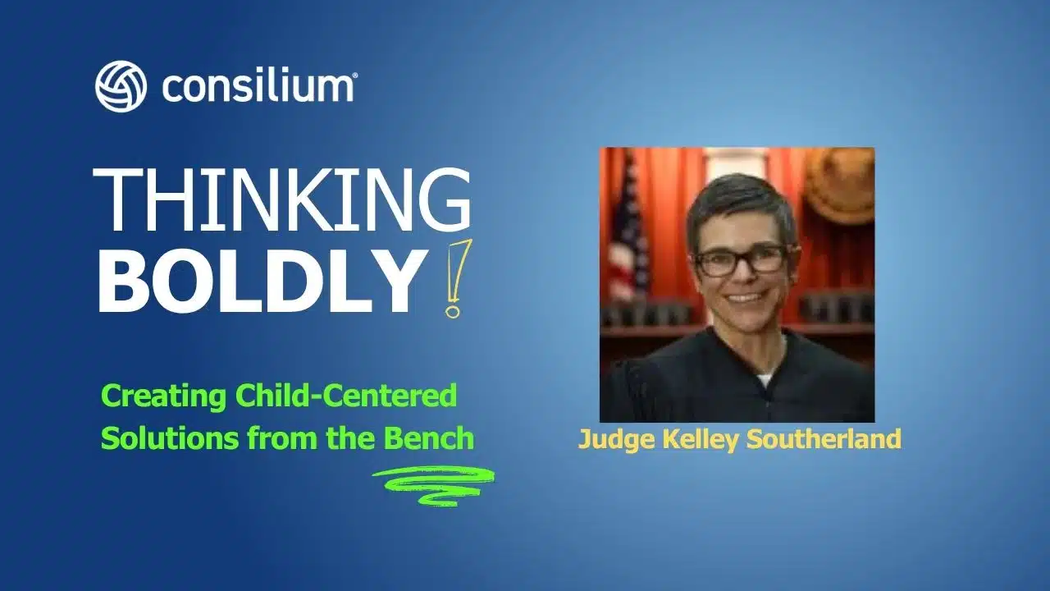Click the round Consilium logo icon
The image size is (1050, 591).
(x=121, y=86)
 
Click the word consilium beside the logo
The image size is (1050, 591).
(x=258, y=86)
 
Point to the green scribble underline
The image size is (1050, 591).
(x=432, y=484)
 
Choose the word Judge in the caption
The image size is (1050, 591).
(x=608, y=439)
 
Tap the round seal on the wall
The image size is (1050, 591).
(x=838, y=185)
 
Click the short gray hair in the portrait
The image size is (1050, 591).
(x=738, y=197)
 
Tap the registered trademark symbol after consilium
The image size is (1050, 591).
(x=354, y=76)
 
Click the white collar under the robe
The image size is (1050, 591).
(x=765, y=379)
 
